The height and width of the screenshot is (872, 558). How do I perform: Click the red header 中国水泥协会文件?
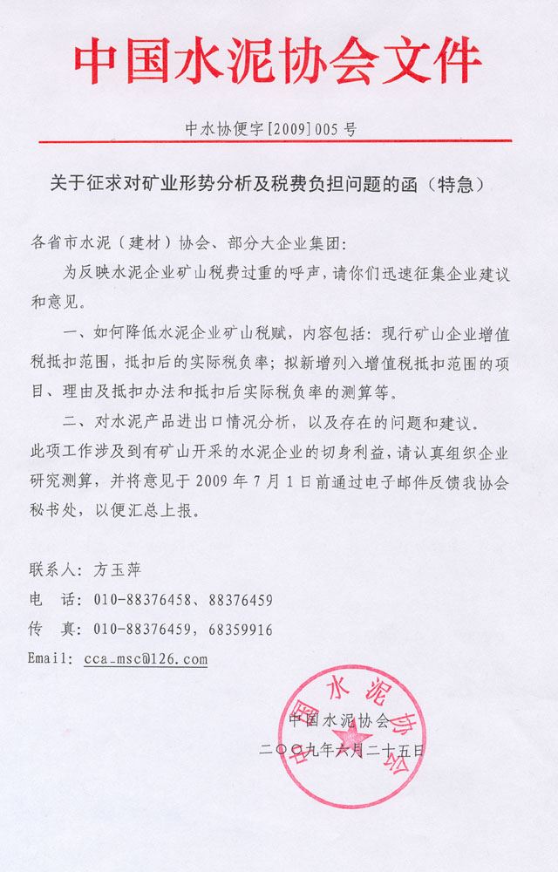(277, 61)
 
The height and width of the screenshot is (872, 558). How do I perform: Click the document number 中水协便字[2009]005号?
(271, 129)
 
